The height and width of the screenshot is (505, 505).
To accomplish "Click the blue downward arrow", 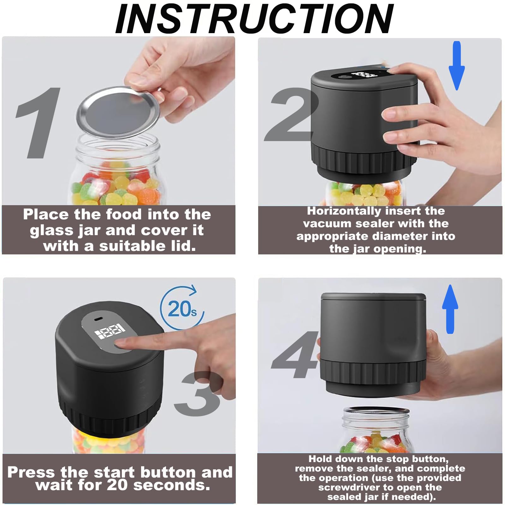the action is click(x=457, y=65).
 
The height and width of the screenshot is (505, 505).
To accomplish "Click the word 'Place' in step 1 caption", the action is click(x=46, y=215).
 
